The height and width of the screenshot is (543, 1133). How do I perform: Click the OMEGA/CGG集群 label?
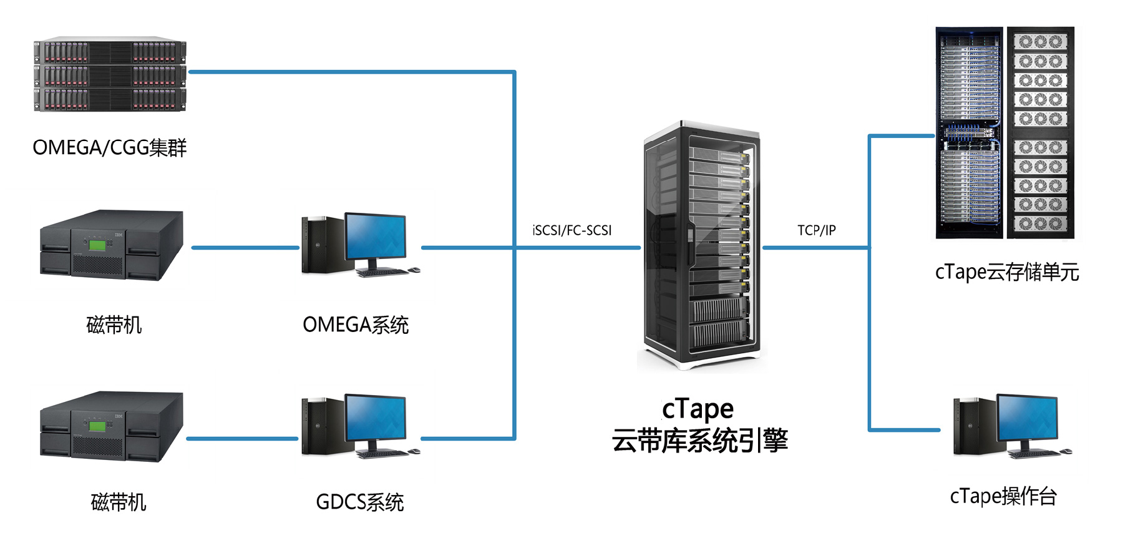[x=109, y=148]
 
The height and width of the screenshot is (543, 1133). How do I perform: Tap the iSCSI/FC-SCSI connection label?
[x=571, y=230]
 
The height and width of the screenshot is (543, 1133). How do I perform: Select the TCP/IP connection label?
[x=816, y=230]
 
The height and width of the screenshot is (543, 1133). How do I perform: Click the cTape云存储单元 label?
[x=1006, y=272]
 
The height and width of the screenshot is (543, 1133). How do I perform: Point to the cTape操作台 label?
[x=1003, y=496]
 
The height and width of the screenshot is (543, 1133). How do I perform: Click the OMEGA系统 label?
[x=355, y=325]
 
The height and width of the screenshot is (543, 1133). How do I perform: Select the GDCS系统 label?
[x=359, y=502]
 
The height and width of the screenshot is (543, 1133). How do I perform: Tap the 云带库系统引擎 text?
[x=699, y=441]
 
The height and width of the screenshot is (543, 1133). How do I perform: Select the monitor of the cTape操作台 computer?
[x=1028, y=417]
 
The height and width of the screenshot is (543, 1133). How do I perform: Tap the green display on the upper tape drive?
[x=97, y=245]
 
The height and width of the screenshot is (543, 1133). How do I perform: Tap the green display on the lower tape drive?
[x=97, y=426]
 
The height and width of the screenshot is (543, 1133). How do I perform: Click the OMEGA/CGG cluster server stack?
[x=110, y=75]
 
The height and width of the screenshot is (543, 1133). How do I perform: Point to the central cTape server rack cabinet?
[x=701, y=247]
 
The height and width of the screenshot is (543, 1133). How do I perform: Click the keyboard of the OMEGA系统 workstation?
[x=381, y=272]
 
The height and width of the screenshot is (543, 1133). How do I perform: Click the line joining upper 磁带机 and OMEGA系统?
[x=245, y=248]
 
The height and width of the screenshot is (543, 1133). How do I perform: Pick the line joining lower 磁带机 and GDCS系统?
[x=242, y=438]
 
